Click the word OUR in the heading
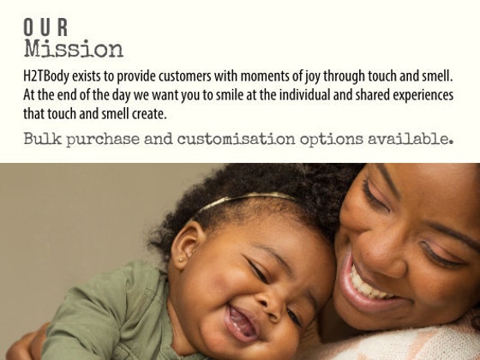(x=45, y=27)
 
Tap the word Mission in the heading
(x=74, y=48)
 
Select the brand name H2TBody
(x=46, y=76)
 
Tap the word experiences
(x=423, y=95)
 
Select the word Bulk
(x=43, y=138)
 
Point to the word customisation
(x=236, y=139)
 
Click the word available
(x=411, y=139)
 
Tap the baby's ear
(x=185, y=245)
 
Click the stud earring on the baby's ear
(x=181, y=260)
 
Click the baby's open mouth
(x=242, y=323)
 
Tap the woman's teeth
(x=368, y=285)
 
